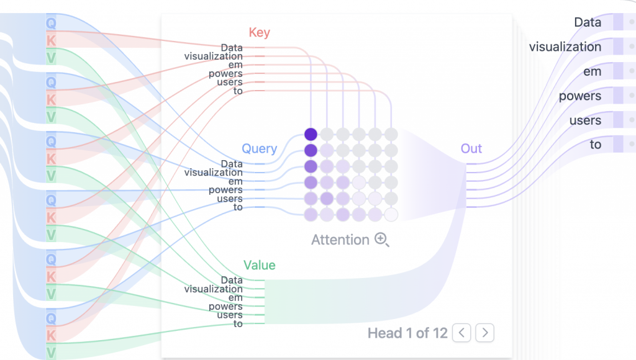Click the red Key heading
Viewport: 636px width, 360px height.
pos(259,32)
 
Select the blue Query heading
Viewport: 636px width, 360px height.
pos(259,148)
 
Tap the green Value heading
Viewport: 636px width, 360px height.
pos(259,265)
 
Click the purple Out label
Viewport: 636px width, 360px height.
pos(471,148)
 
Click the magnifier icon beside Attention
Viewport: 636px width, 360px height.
pos(382,240)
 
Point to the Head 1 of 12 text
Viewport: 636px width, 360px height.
pos(407,333)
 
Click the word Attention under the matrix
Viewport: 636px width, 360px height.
pos(340,240)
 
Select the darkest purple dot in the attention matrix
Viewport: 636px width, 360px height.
pos(311,134)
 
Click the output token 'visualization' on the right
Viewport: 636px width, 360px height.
pos(565,47)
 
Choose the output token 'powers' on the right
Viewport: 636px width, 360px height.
pos(579,96)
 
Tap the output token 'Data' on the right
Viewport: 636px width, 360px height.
pos(588,22)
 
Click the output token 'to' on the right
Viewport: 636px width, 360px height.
pos(596,145)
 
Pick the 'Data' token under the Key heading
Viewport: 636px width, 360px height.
pos(232,47)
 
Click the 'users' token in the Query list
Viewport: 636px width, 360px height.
pos(229,199)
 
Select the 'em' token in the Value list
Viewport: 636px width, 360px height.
pos(235,297)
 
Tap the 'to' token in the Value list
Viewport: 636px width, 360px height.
pos(238,323)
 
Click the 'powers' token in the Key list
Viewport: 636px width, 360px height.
pos(225,73)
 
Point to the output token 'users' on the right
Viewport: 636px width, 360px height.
pos(585,120)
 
